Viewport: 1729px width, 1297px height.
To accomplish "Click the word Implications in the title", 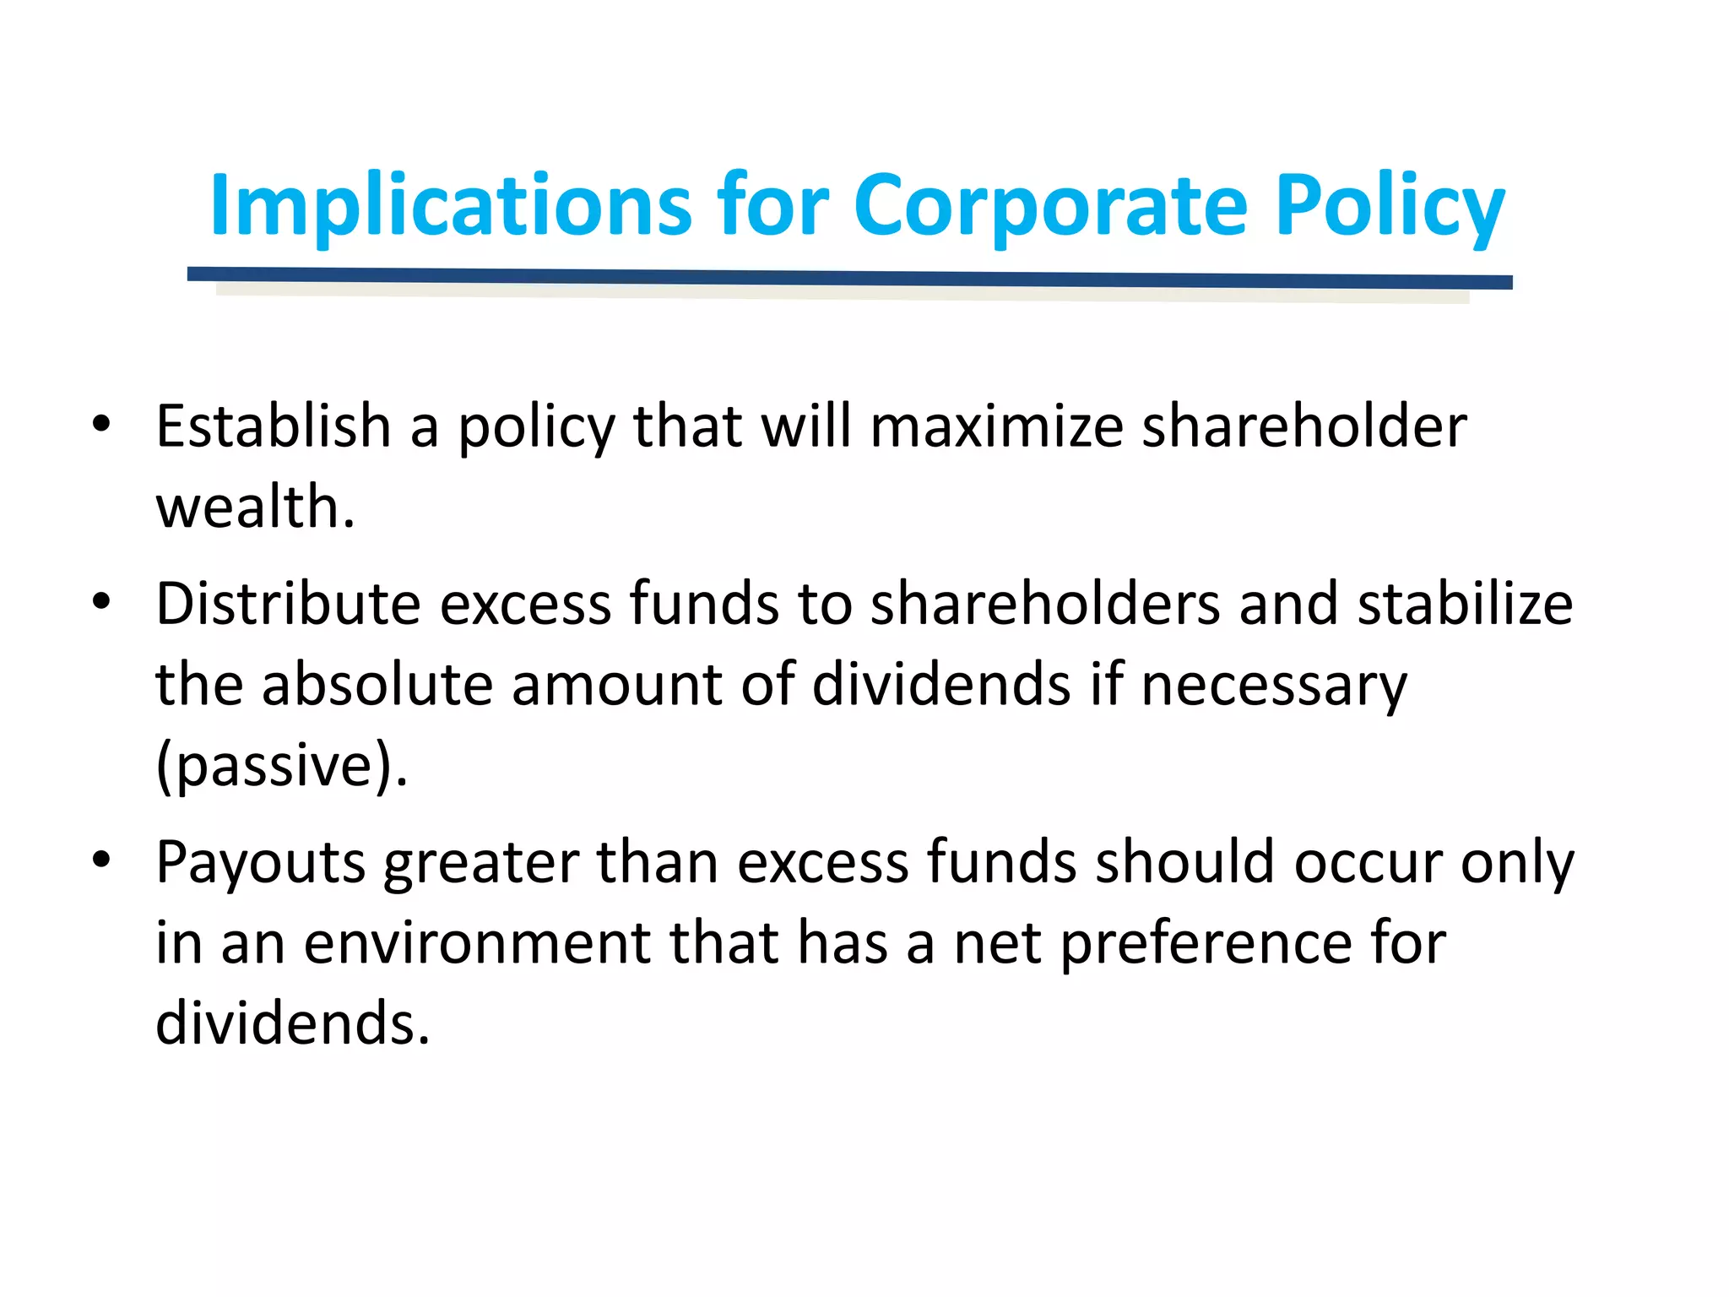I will (452, 205).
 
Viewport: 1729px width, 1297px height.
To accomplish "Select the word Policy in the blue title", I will (1389, 205).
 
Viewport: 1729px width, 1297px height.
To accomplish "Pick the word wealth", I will (254, 507).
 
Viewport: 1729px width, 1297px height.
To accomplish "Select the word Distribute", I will (288, 604).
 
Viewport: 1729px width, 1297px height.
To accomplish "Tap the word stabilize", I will (1465, 604).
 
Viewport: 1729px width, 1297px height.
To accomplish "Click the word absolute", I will (377, 684).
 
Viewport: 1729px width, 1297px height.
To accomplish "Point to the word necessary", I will (1274, 686).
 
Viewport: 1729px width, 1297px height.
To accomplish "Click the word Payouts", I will (260, 863).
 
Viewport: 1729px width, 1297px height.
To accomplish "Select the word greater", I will (481, 863).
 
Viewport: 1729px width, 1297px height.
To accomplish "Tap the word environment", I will (478, 943).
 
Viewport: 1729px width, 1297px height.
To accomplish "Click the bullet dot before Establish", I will (102, 423).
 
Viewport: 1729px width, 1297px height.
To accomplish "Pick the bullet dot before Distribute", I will (102, 601).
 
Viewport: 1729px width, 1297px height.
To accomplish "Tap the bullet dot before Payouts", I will (102, 860).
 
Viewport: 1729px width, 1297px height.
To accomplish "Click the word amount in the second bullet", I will (616, 684).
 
